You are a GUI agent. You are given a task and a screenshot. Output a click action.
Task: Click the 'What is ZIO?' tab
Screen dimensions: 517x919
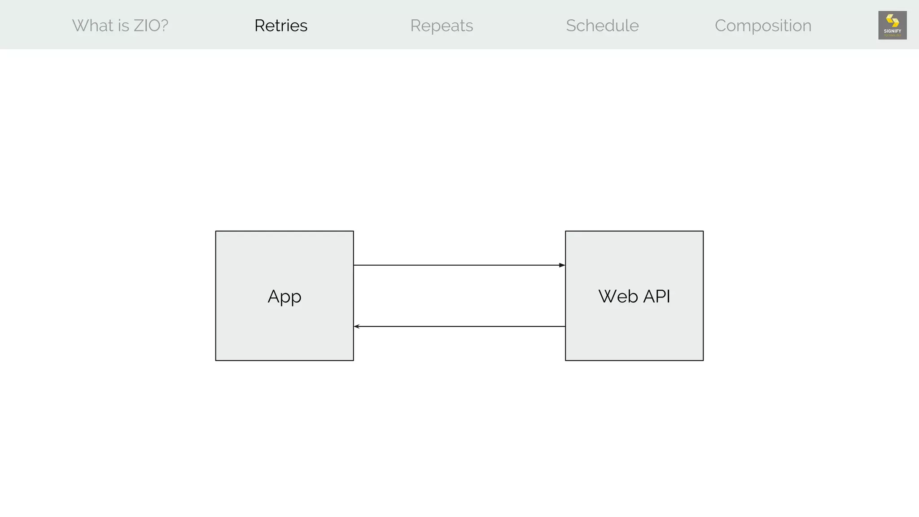coord(120,26)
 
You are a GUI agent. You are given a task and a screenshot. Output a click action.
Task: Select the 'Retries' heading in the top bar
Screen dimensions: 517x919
coord(281,26)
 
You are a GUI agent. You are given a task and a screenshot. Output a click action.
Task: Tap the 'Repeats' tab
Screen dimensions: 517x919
coord(442,26)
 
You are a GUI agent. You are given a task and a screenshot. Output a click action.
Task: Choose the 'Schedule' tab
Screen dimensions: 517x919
coord(602,26)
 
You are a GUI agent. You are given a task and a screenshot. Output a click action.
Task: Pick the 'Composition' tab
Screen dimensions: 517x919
coord(763,26)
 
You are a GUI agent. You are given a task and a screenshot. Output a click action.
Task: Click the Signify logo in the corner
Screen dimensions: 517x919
coord(892,25)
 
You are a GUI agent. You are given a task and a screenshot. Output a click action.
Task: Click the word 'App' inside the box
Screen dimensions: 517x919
coord(284,297)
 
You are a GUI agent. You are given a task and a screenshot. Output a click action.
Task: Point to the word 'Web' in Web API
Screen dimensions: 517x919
coord(618,296)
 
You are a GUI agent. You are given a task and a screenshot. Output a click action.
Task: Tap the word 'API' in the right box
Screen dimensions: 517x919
coord(656,296)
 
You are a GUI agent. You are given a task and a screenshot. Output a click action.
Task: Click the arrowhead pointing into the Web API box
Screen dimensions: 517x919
coord(562,265)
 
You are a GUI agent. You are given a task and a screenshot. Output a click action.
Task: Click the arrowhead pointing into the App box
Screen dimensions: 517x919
coord(357,326)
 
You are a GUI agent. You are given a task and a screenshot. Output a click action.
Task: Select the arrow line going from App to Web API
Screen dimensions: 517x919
coord(458,265)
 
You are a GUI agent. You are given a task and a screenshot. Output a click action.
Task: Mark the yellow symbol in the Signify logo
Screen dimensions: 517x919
coord(892,21)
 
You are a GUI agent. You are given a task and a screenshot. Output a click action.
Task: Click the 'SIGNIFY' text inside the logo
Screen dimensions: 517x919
coord(892,31)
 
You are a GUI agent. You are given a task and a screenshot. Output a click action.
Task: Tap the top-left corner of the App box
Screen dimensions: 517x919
coord(216,232)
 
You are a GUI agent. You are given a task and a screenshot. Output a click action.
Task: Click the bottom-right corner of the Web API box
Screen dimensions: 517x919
coord(703,360)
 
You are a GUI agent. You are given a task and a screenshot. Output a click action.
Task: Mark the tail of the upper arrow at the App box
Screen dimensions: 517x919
coord(354,265)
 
